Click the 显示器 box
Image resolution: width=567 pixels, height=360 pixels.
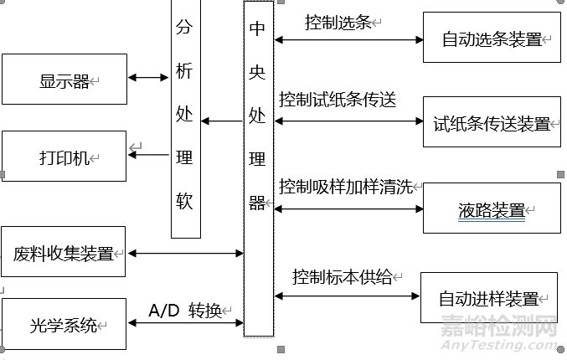[x=64, y=80]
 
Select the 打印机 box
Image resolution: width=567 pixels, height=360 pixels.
[x=64, y=157]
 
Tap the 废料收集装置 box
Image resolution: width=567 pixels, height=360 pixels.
[x=64, y=251]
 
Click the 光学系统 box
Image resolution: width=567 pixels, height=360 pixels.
[x=64, y=323]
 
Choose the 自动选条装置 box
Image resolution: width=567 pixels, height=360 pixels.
[x=492, y=38]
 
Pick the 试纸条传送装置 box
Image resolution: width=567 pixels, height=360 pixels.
[x=492, y=122]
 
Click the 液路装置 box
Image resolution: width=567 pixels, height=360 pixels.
[x=492, y=208]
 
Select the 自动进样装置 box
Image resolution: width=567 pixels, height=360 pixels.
[x=489, y=297]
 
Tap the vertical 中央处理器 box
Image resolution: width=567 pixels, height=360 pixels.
[x=258, y=167]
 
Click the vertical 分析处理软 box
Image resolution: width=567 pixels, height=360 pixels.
[x=186, y=117]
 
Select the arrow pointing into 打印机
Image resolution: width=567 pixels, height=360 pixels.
[x=149, y=153]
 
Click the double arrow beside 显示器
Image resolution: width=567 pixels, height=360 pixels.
[x=149, y=78]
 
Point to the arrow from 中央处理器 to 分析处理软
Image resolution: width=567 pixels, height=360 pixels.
[x=222, y=122]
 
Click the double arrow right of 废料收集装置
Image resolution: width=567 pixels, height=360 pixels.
[x=184, y=252]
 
